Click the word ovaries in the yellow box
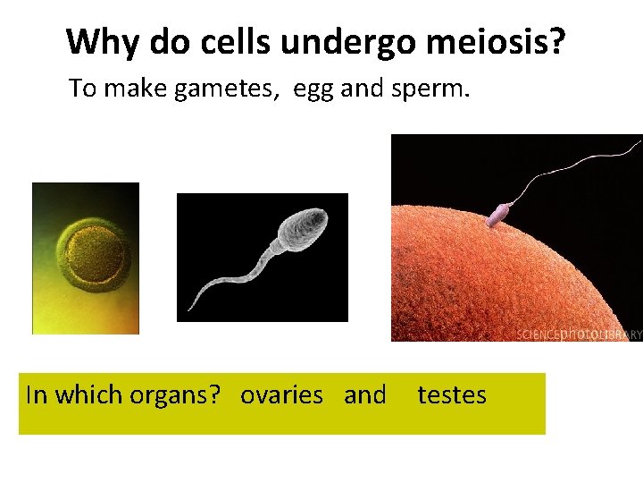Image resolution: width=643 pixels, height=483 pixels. point(281,394)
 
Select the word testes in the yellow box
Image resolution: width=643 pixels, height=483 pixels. point(452,394)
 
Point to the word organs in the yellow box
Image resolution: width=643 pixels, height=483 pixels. point(184,395)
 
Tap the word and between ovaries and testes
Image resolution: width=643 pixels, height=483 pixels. point(365,394)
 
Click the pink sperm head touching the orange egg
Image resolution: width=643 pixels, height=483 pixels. point(497,215)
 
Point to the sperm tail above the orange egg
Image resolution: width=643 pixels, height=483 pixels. point(572,165)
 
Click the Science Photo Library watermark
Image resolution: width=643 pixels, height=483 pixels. point(579,335)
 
